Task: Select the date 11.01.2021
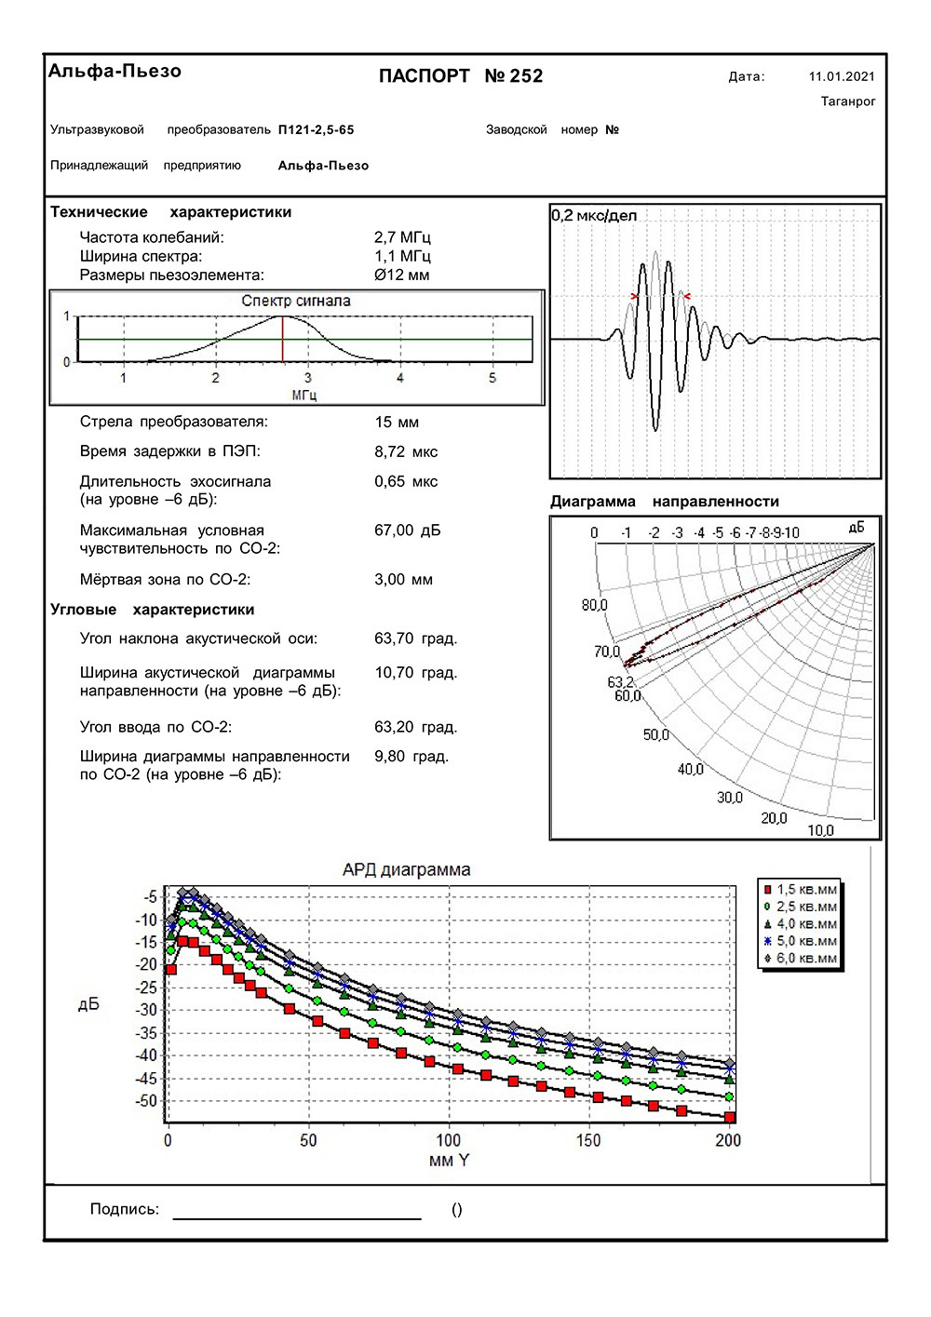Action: click(842, 77)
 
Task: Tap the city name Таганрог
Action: click(848, 101)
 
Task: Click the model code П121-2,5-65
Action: click(317, 130)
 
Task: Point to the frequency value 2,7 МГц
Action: click(402, 237)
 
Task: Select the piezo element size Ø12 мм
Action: click(401, 275)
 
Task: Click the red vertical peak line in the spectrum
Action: click(282, 339)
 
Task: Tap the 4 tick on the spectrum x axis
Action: click(400, 378)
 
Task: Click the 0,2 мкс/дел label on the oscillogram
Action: click(594, 216)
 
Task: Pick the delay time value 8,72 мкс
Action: click(406, 451)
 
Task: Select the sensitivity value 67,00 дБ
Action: click(407, 530)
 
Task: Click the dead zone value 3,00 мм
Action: click(403, 579)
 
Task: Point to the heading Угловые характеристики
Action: click(152, 610)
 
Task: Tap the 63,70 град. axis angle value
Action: click(415, 638)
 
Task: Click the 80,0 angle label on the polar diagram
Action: click(594, 606)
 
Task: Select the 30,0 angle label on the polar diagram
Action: click(730, 798)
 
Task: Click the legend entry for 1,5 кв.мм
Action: click(801, 890)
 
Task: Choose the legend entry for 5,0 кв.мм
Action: click(801, 941)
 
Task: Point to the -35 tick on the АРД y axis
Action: click(146, 1033)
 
